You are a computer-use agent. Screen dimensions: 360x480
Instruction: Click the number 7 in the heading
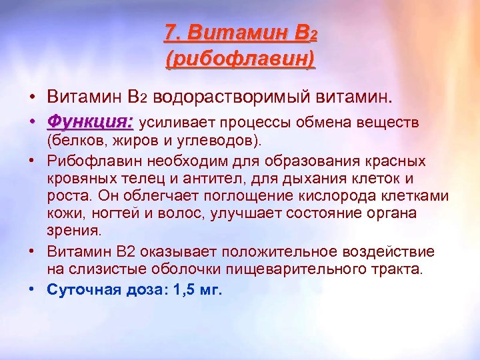coord(170,32)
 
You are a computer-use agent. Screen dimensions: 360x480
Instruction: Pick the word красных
coord(395,162)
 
